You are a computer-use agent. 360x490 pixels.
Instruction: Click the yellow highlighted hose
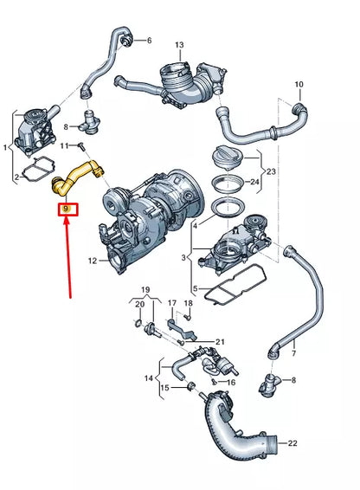(74, 176)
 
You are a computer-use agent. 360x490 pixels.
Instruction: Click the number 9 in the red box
(66, 209)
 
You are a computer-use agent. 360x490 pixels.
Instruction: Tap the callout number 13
(179, 45)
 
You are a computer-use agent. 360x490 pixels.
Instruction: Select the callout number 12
(93, 261)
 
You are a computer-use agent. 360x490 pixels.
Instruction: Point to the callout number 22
(292, 442)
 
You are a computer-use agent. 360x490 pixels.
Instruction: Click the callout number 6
(149, 41)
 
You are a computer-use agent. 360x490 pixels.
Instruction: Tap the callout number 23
(271, 171)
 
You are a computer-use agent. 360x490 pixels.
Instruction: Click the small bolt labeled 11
(81, 146)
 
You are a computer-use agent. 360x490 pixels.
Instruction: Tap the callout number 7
(293, 354)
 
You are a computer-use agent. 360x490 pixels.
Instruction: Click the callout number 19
(145, 290)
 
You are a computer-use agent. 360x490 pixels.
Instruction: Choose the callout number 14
(149, 378)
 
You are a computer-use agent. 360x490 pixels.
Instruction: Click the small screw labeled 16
(214, 382)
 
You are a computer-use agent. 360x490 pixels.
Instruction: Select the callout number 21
(220, 342)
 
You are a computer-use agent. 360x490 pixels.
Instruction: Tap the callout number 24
(254, 182)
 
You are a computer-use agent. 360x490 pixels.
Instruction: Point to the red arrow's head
(66, 220)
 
